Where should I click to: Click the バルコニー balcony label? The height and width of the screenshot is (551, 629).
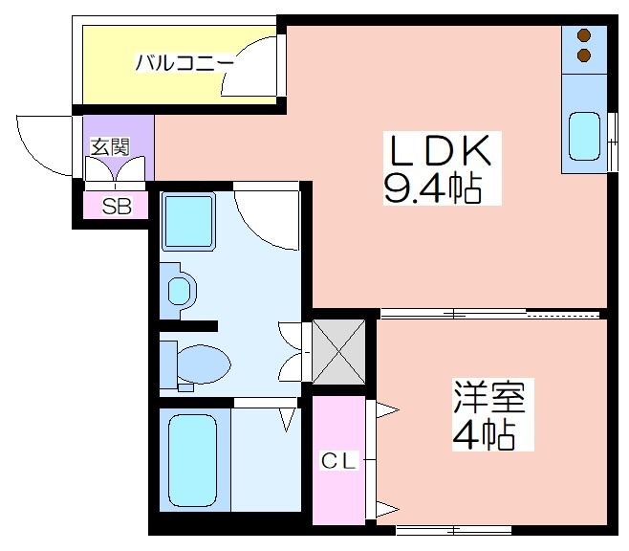pos(184,63)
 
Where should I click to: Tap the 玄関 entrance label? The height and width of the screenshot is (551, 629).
pos(110,147)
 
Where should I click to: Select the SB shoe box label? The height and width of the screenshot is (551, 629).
pos(117,207)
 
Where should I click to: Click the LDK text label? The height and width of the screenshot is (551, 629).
pos(441,150)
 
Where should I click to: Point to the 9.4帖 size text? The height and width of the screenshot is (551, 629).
pos(433,188)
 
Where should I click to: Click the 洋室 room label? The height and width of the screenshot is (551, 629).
pos(489,396)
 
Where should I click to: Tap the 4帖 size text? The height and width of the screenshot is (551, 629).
pos(484,434)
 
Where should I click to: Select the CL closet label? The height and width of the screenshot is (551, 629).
pos(338,461)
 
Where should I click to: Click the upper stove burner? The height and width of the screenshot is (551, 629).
pos(584,35)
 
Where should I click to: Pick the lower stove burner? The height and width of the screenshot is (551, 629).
pos(584,55)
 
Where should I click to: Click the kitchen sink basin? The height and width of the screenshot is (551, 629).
pos(584,136)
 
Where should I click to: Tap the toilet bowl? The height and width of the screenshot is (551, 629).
pos(205,364)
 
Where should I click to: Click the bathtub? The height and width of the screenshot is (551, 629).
pos(192,460)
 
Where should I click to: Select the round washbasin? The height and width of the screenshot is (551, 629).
pos(180,291)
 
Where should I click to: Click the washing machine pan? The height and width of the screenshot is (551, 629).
pos(188,221)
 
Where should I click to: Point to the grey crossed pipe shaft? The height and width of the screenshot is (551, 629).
pos(338,351)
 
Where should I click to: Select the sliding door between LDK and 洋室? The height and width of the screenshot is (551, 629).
pos(490,314)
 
